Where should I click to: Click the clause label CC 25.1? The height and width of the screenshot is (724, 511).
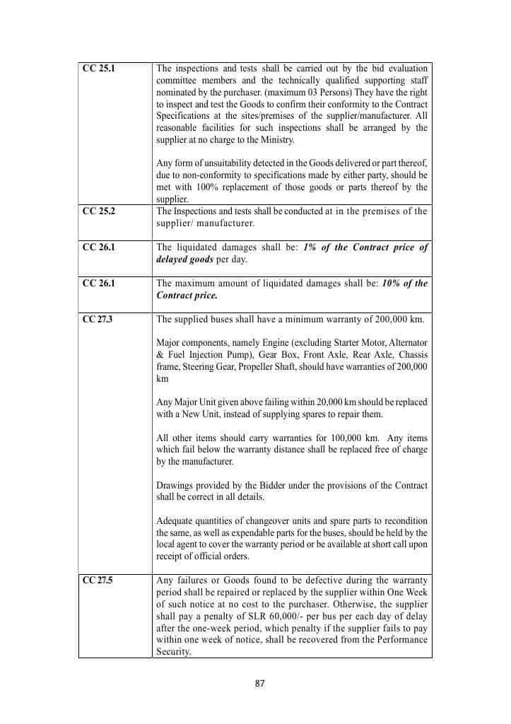(98, 69)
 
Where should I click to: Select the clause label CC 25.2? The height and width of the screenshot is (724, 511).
(98, 211)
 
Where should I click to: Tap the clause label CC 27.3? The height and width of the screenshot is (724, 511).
(98, 319)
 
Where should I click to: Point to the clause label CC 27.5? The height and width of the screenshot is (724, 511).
(98, 580)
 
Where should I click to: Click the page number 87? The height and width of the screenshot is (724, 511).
(259, 684)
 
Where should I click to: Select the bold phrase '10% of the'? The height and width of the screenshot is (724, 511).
(405, 284)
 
